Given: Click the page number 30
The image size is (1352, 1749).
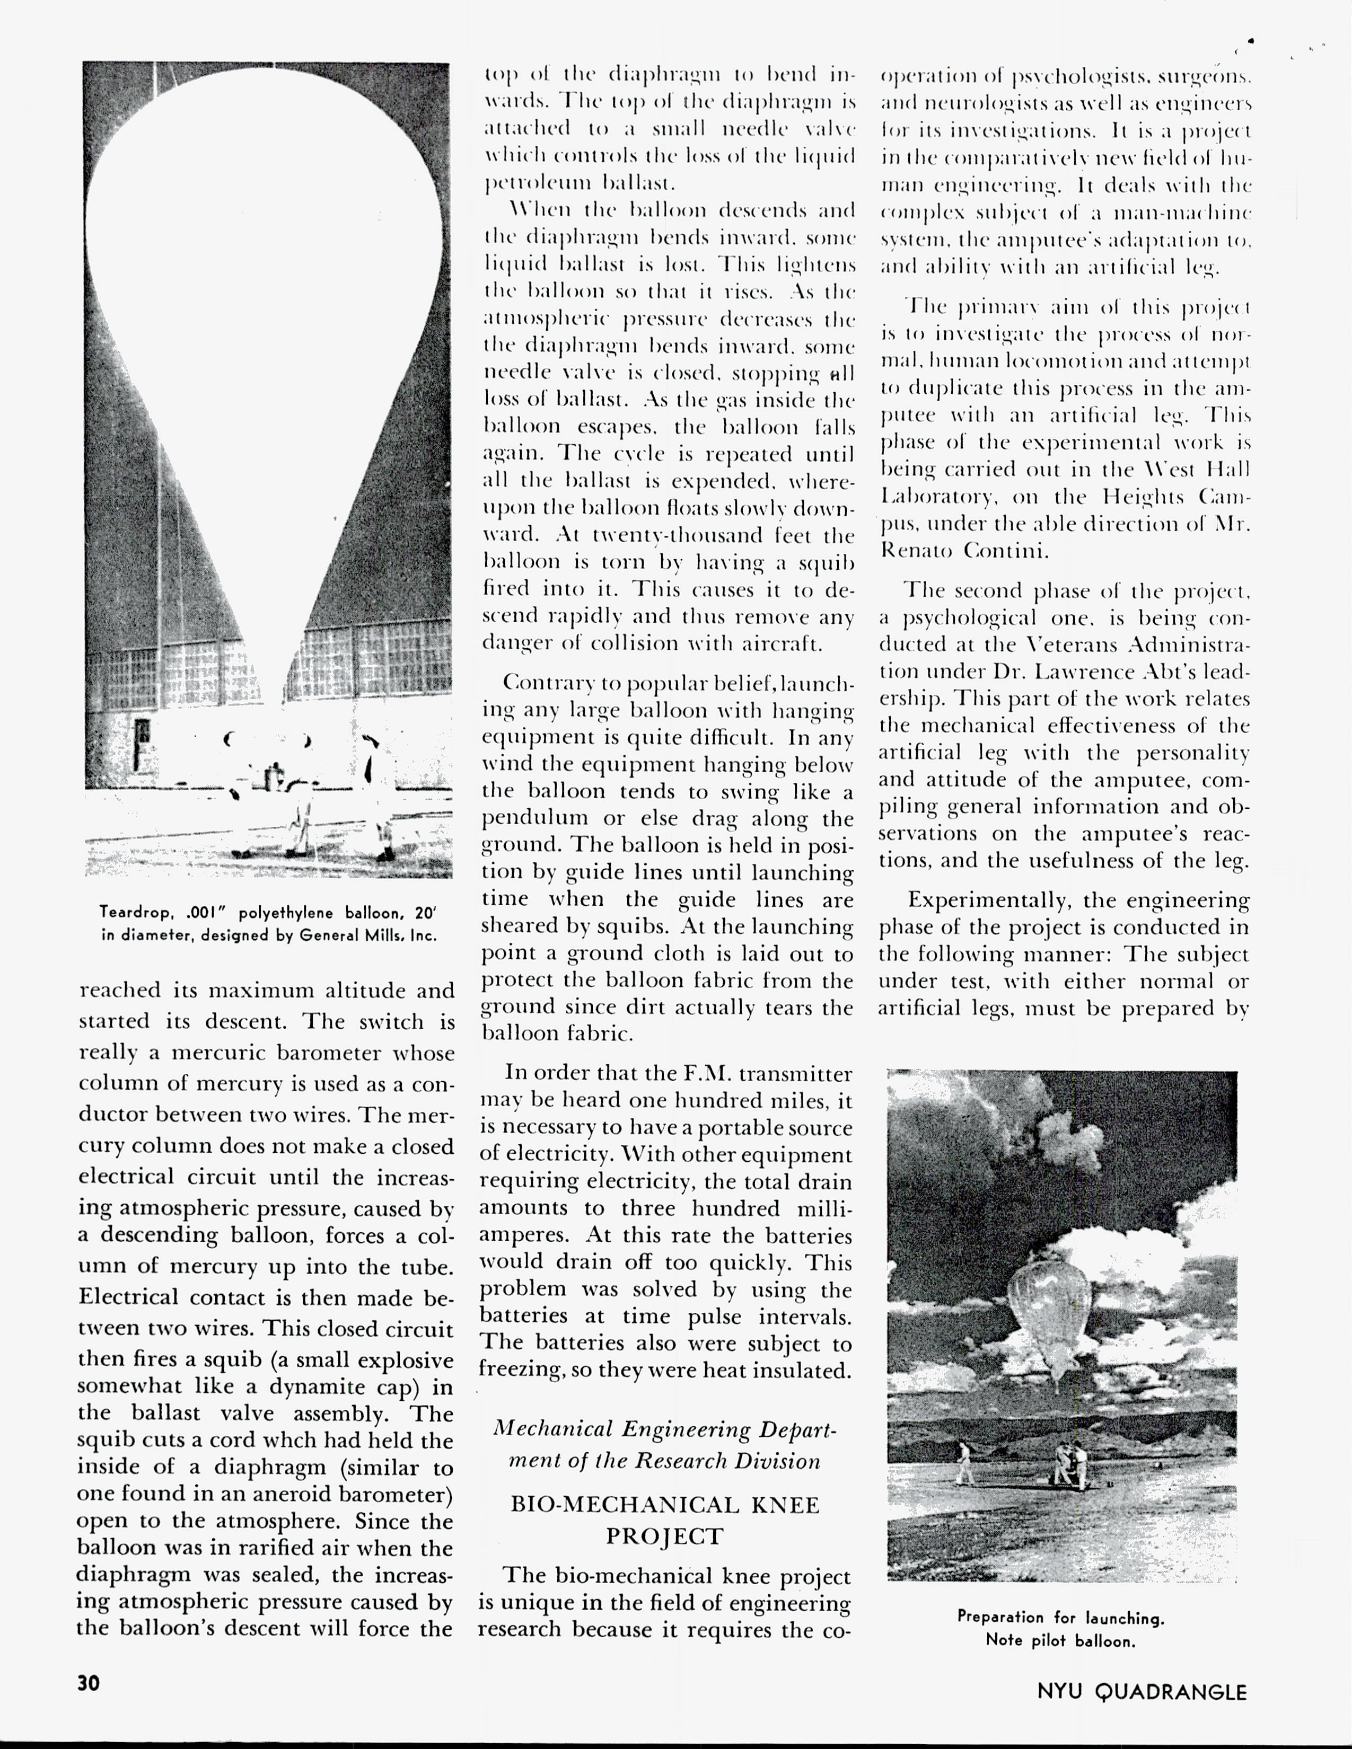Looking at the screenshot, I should (89, 1683).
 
